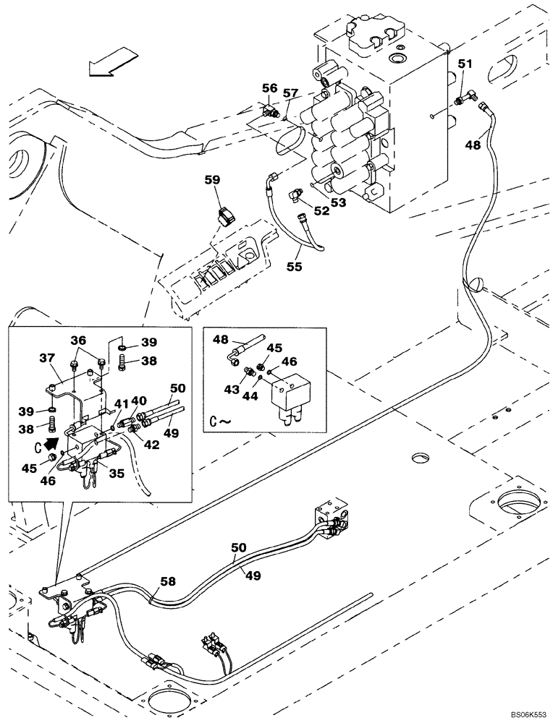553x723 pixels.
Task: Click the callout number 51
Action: (464, 64)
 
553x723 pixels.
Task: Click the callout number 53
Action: (338, 203)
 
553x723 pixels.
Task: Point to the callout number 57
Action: (290, 93)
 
